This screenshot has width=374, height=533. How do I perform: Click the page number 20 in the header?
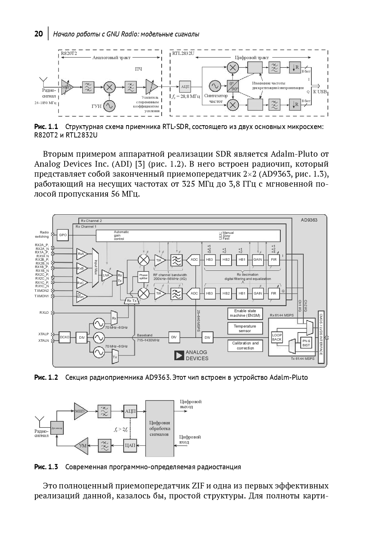[38, 34]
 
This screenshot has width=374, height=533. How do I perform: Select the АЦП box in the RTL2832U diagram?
[185, 86]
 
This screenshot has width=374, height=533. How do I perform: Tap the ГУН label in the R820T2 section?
[96, 106]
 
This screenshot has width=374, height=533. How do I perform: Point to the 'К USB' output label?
[320, 92]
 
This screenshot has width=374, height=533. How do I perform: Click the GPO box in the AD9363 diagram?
[63, 235]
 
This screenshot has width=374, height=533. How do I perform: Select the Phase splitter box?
[143, 277]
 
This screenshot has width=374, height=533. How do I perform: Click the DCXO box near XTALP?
[65, 337]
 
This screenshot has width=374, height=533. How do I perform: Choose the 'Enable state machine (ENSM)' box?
[245, 313]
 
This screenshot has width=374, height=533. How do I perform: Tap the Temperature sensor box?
[245, 328]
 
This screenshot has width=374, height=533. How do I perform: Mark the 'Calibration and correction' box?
[245, 345]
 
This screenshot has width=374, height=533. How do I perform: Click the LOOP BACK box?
[277, 337]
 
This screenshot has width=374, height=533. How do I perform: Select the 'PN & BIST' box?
[306, 343]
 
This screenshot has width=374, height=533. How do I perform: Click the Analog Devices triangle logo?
[179, 355]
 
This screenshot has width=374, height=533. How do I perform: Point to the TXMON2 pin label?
[42, 291]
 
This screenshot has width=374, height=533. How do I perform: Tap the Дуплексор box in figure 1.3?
[56, 427]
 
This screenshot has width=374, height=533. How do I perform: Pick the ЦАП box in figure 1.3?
[130, 445]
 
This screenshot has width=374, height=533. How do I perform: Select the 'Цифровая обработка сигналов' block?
[159, 428]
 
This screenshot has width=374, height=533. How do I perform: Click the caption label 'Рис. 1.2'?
[46, 377]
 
